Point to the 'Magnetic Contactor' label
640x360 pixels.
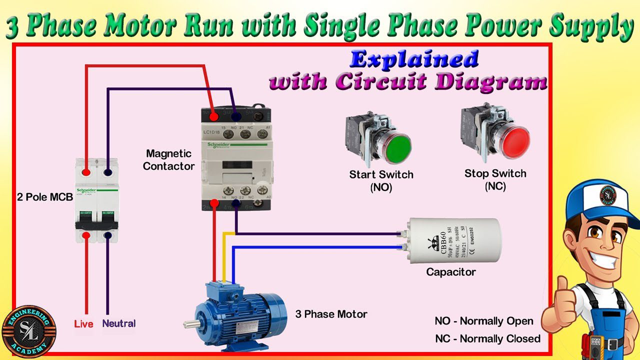pyautogui.click(x=168, y=159)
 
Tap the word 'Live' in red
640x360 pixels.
pyautogui.click(x=83, y=324)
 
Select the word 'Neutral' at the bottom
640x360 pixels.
pyautogui.click(x=118, y=323)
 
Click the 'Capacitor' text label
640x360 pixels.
pyautogui.click(x=450, y=272)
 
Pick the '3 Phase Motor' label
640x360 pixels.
pyautogui.click(x=331, y=314)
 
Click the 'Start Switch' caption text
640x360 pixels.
pyautogui.click(x=381, y=174)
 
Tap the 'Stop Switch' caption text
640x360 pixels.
pyautogui.click(x=495, y=173)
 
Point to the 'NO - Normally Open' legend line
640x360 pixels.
pyautogui.click(x=484, y=321)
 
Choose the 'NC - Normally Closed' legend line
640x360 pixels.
pyautogui.click(x=487, y=338)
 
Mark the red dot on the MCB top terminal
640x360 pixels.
pyautogui.click(x=86, y=172)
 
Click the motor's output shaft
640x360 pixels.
pyautogui.click(x=189, y=324)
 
